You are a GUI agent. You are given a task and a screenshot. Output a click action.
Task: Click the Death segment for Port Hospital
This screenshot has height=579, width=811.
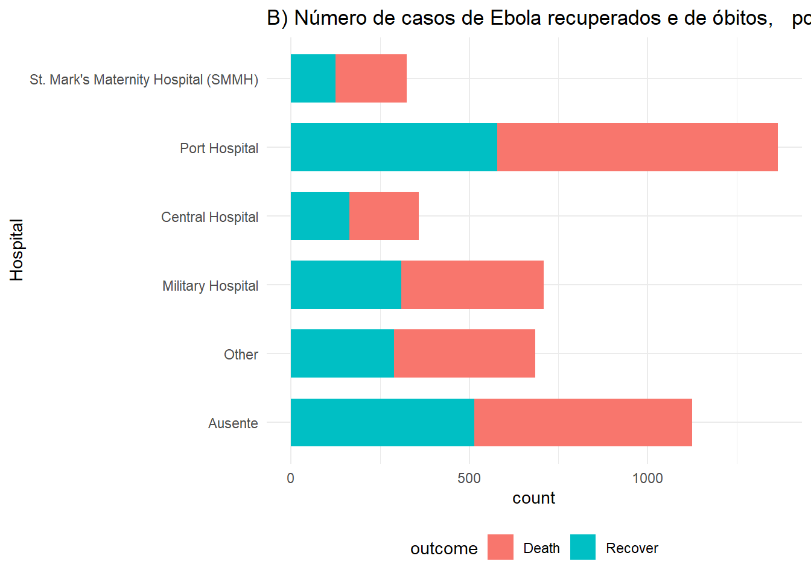point(637,147)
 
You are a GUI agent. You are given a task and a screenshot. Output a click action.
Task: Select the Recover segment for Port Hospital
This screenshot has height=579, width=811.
point(394,147)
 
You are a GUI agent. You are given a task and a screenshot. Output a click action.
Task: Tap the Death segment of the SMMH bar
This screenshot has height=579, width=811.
point(371,78)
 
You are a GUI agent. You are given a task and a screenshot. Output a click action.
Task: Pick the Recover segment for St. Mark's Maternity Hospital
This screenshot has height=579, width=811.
point(313,78)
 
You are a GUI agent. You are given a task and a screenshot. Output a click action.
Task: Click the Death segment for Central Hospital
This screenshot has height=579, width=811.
point(384,216)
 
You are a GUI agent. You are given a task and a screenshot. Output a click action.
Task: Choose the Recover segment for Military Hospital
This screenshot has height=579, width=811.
point(346,285)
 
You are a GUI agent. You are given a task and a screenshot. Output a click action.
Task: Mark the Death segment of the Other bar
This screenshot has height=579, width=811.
point(465,353)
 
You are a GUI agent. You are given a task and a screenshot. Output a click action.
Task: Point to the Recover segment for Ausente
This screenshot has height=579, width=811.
point(383,422)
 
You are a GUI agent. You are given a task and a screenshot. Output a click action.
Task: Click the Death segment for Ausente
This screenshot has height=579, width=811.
point(583,422)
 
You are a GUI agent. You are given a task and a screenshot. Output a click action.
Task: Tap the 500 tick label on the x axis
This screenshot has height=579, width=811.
point(469,478)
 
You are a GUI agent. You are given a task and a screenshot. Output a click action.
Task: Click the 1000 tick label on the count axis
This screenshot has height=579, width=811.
point(647,478)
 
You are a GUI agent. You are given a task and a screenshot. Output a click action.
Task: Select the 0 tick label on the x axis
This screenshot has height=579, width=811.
point(290,478)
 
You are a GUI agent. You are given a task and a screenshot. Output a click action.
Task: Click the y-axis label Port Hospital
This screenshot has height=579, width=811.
point(219,148)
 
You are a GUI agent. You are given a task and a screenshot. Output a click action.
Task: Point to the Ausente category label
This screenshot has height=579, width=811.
point(233,423)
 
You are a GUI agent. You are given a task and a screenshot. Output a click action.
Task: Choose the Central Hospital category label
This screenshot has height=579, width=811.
point(209,217)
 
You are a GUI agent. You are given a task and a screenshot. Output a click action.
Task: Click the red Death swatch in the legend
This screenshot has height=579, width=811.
point(500,547)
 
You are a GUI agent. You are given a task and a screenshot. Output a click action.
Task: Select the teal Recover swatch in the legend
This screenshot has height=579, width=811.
point(583,547)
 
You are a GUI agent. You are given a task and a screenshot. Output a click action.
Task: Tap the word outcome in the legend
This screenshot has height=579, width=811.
point(444,549)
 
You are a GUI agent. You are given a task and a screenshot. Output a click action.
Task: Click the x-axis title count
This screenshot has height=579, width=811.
point(533,498)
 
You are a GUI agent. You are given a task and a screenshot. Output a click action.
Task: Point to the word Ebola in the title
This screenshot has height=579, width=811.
point(515,17)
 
